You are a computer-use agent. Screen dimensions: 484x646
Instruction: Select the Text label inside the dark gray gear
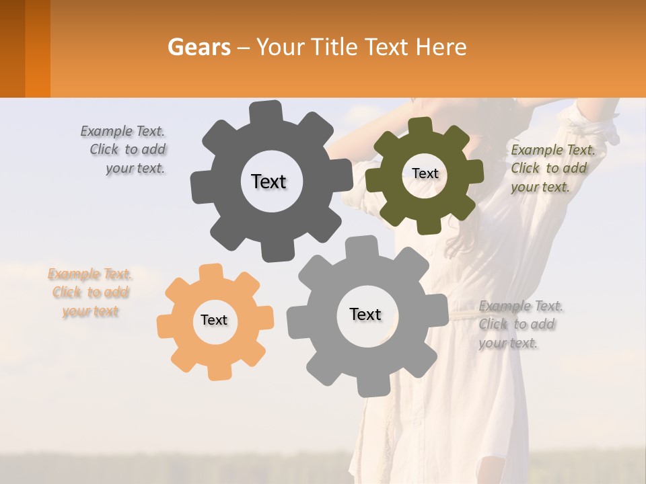268,182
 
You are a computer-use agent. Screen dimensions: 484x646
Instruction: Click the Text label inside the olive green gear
425,173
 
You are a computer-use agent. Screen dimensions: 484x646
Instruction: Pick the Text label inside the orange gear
214,320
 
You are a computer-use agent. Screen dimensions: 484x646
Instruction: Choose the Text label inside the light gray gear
365,314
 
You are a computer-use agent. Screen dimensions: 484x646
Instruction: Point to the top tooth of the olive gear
421,126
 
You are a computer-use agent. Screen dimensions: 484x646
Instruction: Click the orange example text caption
89,292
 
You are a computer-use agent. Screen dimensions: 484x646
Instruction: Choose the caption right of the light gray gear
520,324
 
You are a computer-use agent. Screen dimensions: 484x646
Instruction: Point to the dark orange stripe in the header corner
38,48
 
